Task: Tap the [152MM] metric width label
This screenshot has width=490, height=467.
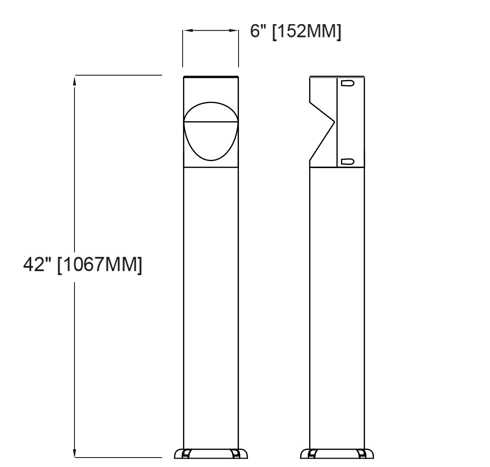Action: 306,31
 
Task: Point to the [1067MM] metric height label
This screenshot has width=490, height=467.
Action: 100,264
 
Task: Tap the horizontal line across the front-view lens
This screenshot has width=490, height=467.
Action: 211,122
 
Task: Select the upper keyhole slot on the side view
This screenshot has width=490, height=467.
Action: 347,83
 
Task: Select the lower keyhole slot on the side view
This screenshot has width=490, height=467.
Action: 347,162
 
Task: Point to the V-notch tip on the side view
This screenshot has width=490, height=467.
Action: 335,122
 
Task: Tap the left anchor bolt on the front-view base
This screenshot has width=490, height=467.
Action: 186,454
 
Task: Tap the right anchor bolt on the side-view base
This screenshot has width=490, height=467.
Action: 363,454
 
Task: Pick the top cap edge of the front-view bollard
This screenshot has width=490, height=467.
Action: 211,77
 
